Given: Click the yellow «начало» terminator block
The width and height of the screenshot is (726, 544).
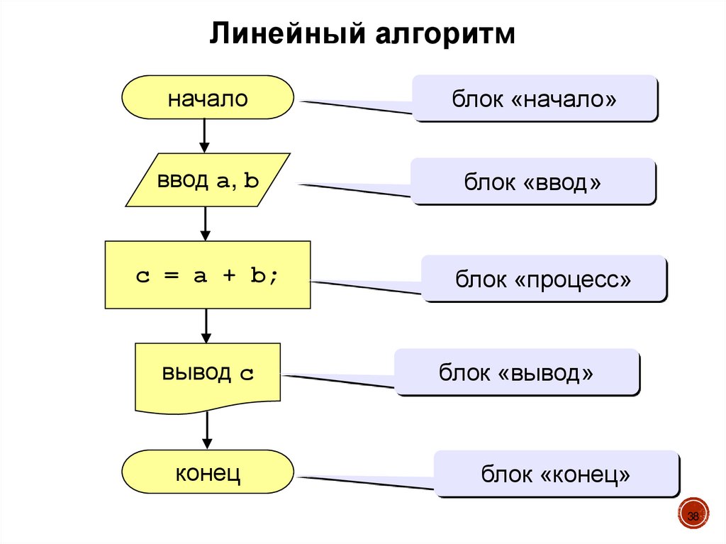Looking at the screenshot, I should pyautogui.click(x=207, y=99).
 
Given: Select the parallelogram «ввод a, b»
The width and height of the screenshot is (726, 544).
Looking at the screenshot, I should pyautogui.click(x=208, y=180).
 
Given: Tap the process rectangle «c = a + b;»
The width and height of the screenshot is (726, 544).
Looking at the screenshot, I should pyautogui.click(x=207, y=274).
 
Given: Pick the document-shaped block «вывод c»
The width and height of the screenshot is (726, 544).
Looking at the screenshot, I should pyautogui.click(x=207, y=374).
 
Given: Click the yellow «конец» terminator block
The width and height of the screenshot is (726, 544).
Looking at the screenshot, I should pyautogui.click(x=207, y=472).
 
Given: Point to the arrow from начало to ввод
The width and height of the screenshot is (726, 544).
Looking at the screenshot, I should pyautogui.click(x=205, y=135).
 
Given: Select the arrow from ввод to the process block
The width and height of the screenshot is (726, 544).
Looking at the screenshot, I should pyautogui.click(x=206, y=223).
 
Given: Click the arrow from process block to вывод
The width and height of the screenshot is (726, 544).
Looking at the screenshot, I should pyautogui.click(x=206, y=326).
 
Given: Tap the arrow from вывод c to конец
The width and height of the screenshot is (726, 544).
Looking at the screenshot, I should pyautogui.click(x=207, y=430).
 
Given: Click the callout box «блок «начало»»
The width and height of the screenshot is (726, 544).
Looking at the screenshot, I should pyautogui.click(x=535, y=99).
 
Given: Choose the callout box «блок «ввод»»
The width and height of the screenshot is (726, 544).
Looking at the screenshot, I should pyautogui.click(x=532, y=182).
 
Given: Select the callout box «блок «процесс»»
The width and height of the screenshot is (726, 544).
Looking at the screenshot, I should pyautogui.click(x=543, y=279).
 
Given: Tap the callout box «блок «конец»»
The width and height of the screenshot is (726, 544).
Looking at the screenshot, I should pyautogui.click(x=556, y=473).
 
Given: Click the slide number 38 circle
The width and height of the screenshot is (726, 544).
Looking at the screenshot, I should pyautogui.click(x=693, y=516).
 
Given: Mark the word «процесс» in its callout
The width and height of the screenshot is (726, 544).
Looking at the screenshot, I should pyautogui.click(x=574, y=279).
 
